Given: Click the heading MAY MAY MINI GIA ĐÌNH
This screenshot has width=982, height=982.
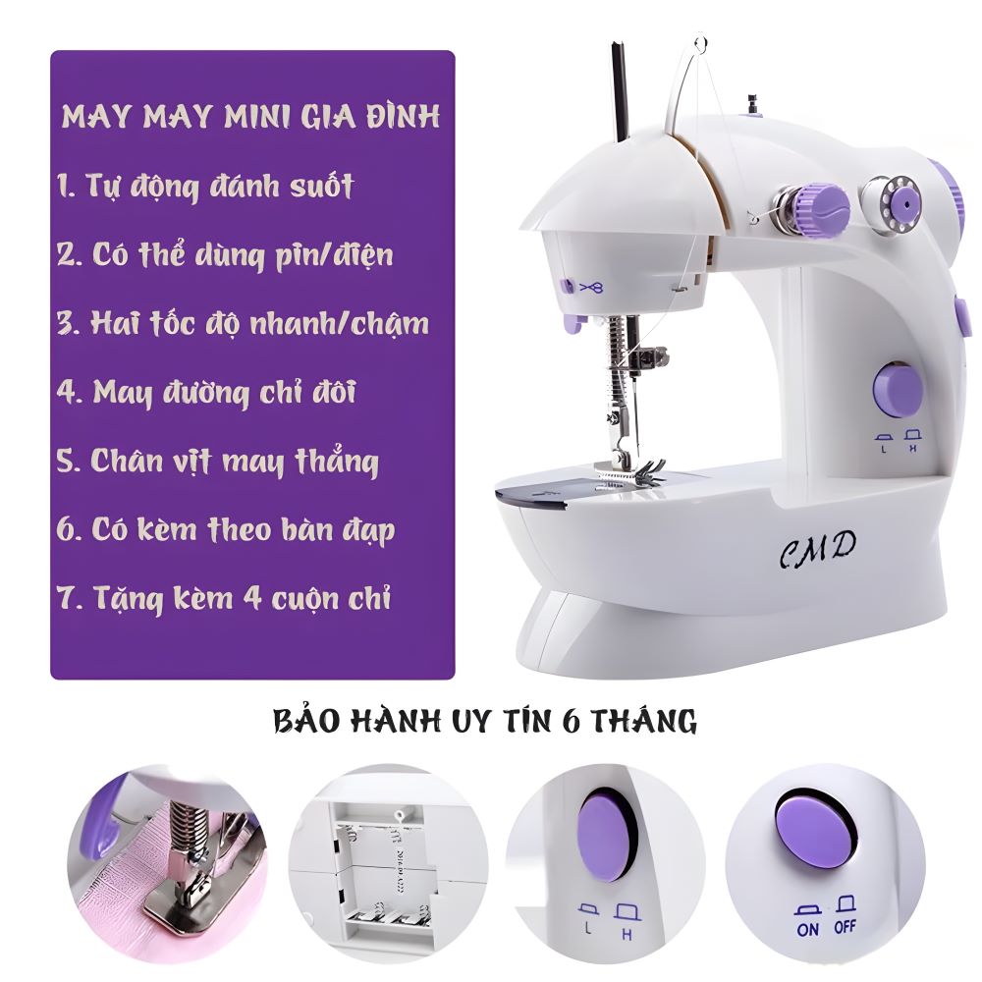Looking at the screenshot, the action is (250, 117).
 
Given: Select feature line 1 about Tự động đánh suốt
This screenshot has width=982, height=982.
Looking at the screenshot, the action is (205, 186).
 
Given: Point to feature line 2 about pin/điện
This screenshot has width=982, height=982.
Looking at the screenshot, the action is (225, 255).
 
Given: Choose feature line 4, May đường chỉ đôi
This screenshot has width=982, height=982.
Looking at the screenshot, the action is (206, 393).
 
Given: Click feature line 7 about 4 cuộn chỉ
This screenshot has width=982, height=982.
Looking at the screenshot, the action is (224, 598).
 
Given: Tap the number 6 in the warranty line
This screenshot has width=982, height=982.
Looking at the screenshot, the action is (573, 721).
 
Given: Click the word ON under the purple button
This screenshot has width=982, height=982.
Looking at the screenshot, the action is (808, 929).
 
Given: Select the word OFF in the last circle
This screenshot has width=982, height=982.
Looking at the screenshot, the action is (845, 926).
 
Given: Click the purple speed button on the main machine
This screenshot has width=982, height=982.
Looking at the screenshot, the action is (899, 390).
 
